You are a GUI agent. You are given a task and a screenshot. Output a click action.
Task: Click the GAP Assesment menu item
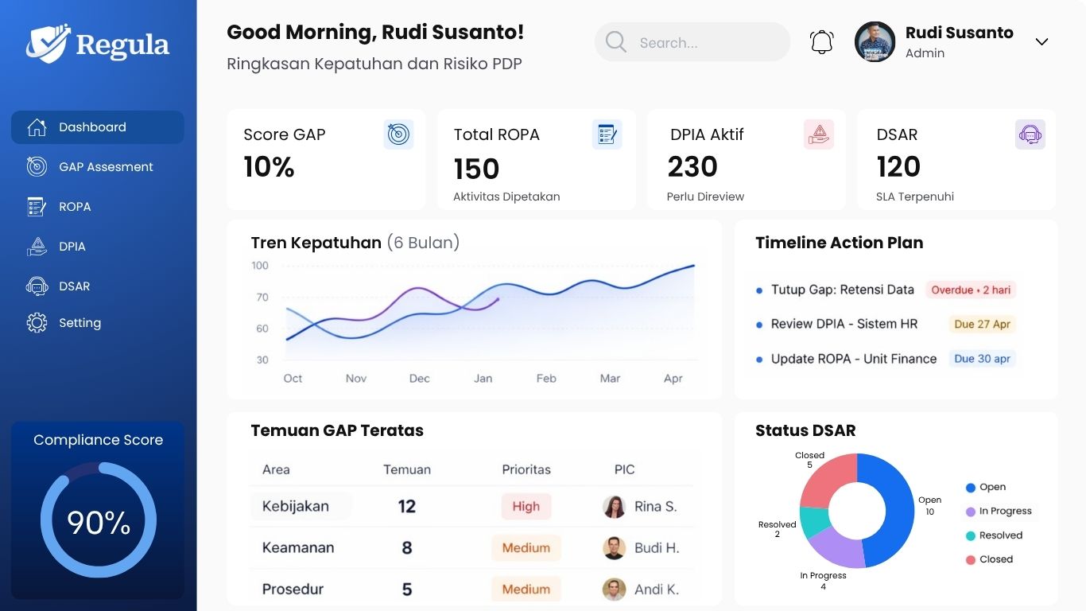pos(105,167)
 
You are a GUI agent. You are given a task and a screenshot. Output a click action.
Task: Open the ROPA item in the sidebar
pos(74,207)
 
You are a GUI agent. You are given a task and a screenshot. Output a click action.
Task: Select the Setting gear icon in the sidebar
pos(37,323)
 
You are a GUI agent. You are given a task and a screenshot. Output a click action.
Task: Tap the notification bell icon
pos(821,42)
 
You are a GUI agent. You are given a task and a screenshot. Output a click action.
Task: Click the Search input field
pos(692,43)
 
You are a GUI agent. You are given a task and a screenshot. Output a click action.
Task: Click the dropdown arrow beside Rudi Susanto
pos(1041,42)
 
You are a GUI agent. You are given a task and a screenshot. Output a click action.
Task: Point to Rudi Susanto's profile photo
pos(875,42)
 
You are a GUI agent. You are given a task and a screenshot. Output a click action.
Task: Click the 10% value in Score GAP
pos(269,167)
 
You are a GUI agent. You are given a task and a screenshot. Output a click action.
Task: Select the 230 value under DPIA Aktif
pos(692,167)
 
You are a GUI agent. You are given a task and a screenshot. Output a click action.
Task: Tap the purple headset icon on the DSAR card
pos(1030,134)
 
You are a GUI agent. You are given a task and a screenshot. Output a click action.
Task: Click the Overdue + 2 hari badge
pos(970,290)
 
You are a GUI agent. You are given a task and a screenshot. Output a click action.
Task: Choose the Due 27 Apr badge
pos(982,325)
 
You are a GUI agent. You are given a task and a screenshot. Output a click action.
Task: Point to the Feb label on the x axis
pos(546,379)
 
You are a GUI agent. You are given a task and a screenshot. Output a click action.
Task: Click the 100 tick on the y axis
pos(260,266)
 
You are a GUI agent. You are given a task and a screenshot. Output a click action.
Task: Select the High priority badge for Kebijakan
pos(526,507)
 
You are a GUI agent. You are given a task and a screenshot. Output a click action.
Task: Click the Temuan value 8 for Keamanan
pos(406,547)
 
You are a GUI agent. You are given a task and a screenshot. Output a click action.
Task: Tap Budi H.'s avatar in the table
pos(614,548)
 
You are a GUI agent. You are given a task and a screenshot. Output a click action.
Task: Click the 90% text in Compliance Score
pos(99,523)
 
